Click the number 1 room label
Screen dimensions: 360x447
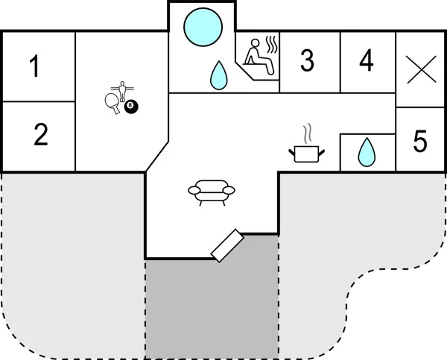(34, 67)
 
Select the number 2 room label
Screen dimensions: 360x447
(41, 135)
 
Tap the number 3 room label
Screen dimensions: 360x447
(307, 61)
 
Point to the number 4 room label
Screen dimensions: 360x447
(366, 60)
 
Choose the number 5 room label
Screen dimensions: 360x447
(420, 139)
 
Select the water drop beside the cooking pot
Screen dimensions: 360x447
(366, 152)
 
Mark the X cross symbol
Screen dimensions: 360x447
(421, 72)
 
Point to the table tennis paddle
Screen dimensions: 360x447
(112, 101)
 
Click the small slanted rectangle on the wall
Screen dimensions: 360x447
(227, 244)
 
